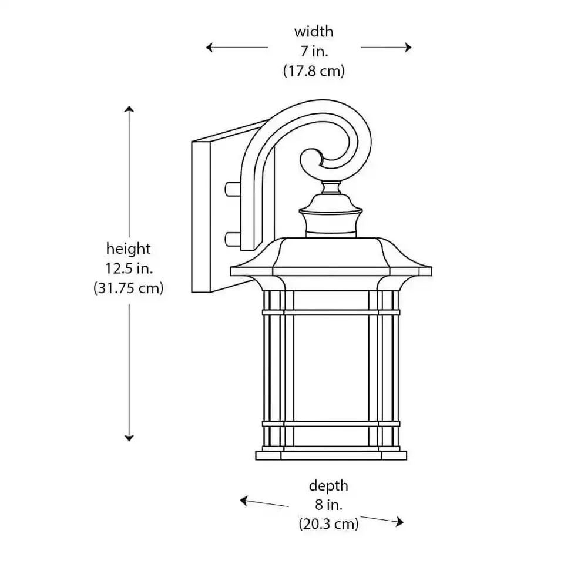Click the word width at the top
313,31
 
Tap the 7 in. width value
313,51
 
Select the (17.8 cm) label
313,71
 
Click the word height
128,249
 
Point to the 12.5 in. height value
128,268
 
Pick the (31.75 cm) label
128,288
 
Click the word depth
328,486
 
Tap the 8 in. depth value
328,505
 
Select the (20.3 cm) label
328,523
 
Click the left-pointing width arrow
235,48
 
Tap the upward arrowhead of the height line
129,110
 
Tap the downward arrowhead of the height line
129,437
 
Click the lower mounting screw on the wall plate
233,238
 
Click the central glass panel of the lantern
331,368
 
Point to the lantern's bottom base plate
331,455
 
